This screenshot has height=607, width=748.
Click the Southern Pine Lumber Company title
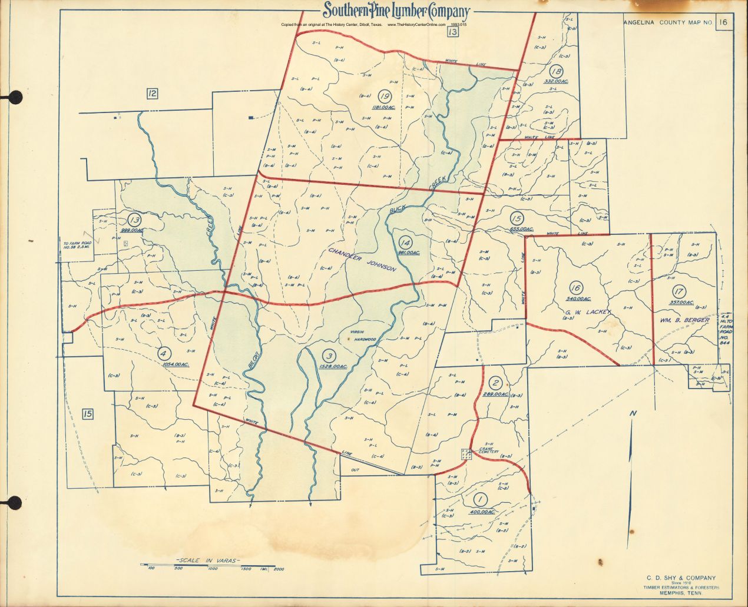pyautogui.click(x=396, y=11)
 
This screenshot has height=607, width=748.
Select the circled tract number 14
pyautogui.click(x=405, y=242)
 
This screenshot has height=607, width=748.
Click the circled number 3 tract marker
pyautogui.click(x=329, y=355)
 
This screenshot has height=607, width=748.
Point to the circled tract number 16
pyautogui.click(x=575, y=288)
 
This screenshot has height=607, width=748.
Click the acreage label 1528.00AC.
pyautogui.click(x=332, y=367)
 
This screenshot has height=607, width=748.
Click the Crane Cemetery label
pyautogui.click(x=488, y=450)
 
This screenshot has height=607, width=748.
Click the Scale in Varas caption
pyautogui.click(x=208, y=560)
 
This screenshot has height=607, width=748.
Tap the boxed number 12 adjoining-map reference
pyautogui.click(x=153, y=93)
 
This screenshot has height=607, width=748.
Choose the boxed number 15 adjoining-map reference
pyautogui.click(x=88, y=414)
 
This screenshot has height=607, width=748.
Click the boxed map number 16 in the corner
pyautogui.click(x=723, y=22)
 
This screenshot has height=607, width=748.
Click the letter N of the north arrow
pyautogui.click(x=632, y=413)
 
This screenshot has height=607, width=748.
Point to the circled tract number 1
pyautogui.click(x=481, y=500)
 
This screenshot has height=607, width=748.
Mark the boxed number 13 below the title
pyautogui.click(x=452, y=32)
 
